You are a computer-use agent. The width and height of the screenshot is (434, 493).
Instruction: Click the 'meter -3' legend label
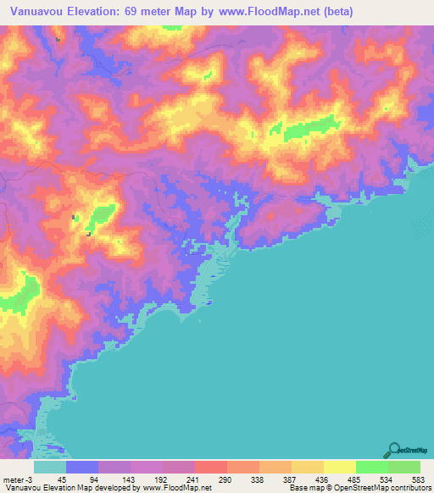click(16, 479)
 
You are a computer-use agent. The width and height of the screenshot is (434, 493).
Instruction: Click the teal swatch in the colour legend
click(50, 467)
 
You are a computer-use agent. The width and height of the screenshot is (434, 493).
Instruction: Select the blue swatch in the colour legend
click(82, 467)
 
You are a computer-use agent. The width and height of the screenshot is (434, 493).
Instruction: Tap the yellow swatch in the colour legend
click(339, 467)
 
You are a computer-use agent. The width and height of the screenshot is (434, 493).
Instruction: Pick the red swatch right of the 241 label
click(210, 467)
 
